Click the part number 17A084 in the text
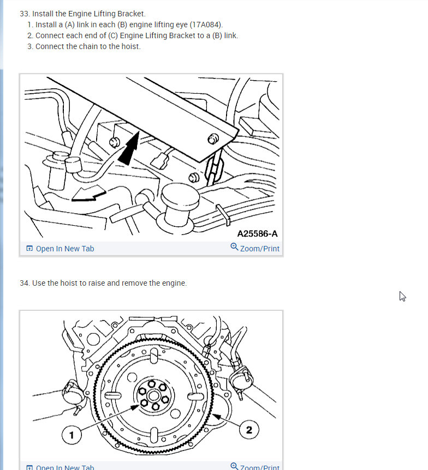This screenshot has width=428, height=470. pyautogui.click(x=206, y=25)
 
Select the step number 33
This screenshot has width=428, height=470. pyautogui.click(x=25, y=14)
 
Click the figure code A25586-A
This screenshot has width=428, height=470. pyautogui.click(x=257, y=233)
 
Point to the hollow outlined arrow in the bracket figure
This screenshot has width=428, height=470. pyautogui.click(x=88, y=194)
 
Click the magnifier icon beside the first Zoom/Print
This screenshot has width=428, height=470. pyautogui.click(x=234, y=247)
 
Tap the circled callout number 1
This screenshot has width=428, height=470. pyautogui.click(x=72, y=435)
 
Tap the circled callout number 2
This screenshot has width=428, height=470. pyautogui.click(x=249, y=430)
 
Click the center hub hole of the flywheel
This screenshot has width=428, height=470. pyautogui.click(x=154, y=396)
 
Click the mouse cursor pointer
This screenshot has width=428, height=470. pyautogui.click(x=402, y=296)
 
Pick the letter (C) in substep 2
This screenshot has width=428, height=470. pyautogui.click(x=114, y=35)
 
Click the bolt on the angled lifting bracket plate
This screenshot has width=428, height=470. pyautogui.click(x=213, y=139)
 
